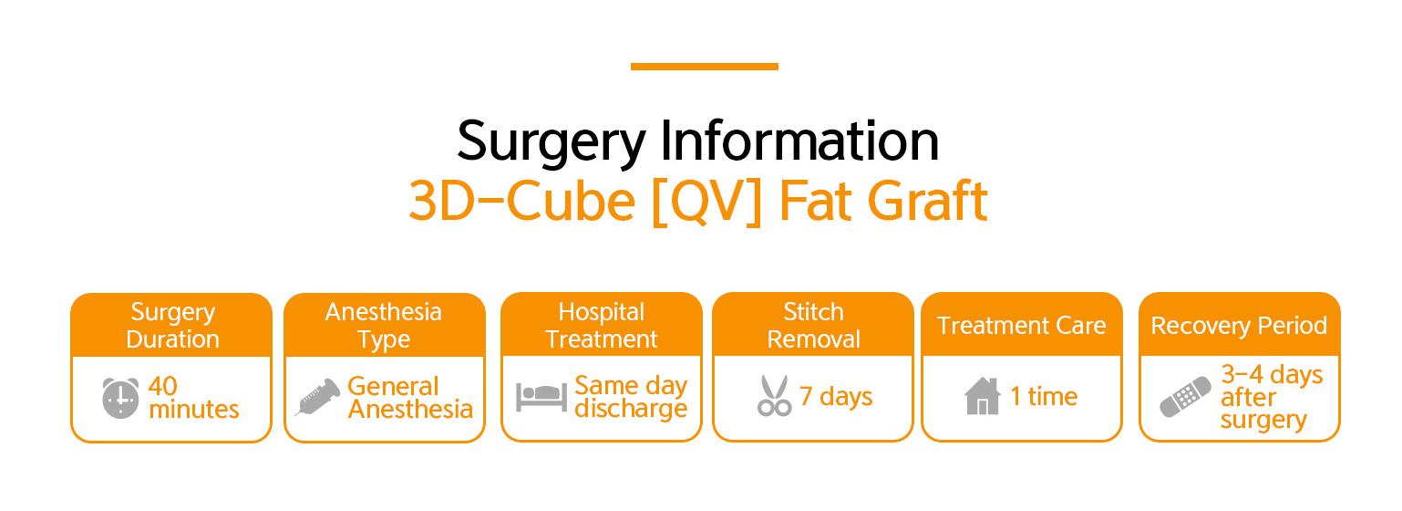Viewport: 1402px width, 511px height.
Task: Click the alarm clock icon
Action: coord(120,398)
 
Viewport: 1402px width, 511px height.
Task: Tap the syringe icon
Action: coord(317,397)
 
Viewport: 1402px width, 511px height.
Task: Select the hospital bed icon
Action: coord(541,397)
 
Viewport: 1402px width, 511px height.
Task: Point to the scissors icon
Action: coord(774,396)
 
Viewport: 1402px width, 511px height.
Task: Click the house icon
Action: coord(982,396)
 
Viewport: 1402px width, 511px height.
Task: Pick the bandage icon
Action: coord(1185,397)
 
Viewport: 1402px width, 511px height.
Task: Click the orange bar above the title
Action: coord(704,67)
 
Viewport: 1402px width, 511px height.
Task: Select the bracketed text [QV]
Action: coord(706,202)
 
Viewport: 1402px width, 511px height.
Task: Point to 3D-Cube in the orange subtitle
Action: coord(522,202)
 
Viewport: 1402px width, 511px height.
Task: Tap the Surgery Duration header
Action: coord(173,326)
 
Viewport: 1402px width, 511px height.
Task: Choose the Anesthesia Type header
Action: coord(384,326)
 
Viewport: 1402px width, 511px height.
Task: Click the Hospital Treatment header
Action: coord(602,326)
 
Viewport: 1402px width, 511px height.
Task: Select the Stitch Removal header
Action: coord(814,326)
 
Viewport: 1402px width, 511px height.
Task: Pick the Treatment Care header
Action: coord(1022,326)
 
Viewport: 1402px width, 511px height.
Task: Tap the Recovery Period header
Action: coord(1239,327)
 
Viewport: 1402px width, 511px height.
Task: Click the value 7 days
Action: coord(836,397)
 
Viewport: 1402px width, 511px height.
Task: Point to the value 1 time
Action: coord(1044,396)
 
